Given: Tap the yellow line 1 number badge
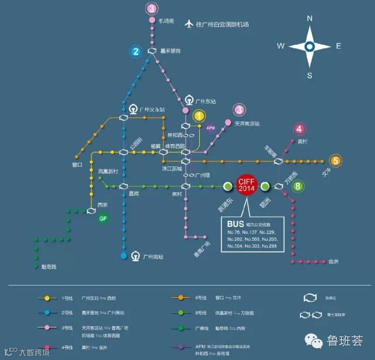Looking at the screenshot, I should tap(200, 116).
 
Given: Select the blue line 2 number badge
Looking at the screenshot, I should tap(136, 51).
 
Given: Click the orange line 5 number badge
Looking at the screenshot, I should tap(335, 161).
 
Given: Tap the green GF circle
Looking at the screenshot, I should tap(104, 219).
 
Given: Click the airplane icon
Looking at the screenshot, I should tap(189, 24).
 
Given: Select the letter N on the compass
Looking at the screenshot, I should tap(310, 18).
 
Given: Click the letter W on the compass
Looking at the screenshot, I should tap(281, 46).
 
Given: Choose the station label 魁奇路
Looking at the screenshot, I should tap(45, 267).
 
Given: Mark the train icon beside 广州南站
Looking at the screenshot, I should tap(135, 256).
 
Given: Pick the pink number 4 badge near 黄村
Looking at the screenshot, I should tap(299, 130).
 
